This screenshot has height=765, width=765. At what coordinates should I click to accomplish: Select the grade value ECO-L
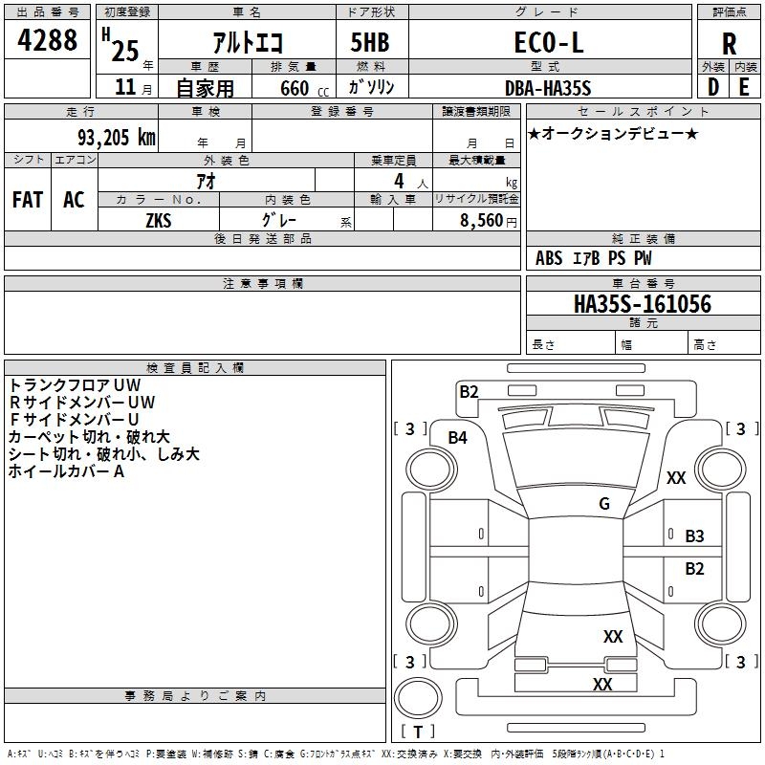[548, 43]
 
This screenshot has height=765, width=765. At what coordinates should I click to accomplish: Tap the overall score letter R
[730, 44]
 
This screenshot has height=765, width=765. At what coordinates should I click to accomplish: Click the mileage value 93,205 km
[109, 137]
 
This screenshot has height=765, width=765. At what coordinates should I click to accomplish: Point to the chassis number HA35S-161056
[643, 304]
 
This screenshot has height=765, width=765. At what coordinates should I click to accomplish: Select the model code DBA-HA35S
[548, 88]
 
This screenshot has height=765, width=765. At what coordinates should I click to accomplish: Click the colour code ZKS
[159, 220]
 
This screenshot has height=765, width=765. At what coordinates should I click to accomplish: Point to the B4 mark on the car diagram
[458, 438]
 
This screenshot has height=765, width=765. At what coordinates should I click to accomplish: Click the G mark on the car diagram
[604, 504]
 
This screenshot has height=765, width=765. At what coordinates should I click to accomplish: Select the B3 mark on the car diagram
[694, 536]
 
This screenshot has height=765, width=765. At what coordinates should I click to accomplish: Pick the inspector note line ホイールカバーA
[67, 470]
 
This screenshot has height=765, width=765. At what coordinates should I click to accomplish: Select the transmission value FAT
[28, 200]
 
